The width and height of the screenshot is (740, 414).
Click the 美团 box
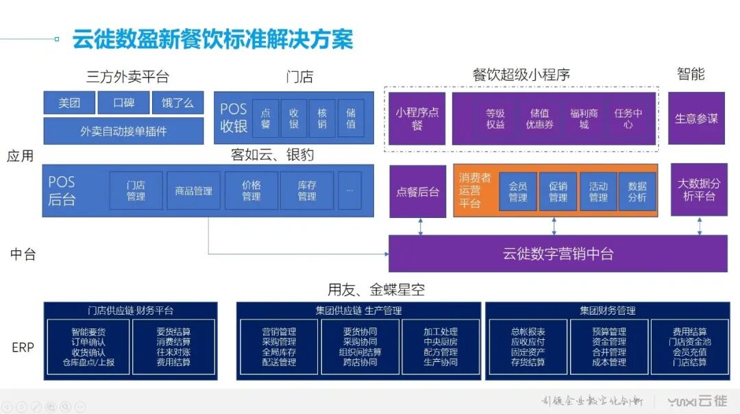[x=69, y=103]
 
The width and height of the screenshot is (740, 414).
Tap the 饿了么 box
[x=177, y=103]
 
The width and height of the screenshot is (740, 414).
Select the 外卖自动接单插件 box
[x=123, y=131]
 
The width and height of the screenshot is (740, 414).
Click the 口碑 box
[x=123, y=103]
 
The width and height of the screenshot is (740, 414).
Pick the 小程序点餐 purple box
[x=417, y=119]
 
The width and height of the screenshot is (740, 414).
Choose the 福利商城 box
[x=584, y=119]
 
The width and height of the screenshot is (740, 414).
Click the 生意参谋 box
[x=696, y=119]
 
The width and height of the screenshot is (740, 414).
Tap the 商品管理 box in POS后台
[x=194, y=191]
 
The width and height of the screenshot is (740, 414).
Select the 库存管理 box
[x=307, y=191]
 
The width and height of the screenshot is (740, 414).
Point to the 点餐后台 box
[x=417, y=191]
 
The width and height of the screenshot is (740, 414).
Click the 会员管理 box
[x=518, y=191]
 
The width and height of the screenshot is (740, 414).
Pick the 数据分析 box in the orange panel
[x=637, y=191]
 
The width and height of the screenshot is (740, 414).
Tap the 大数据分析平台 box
[x=699, y=190]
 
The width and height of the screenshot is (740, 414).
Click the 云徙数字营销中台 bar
[x=558, y=254]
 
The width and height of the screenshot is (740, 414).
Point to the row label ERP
[x=23, y=347]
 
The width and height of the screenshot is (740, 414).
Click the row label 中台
[x=23, y=254]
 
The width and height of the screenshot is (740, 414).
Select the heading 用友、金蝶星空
[x=376, y=290]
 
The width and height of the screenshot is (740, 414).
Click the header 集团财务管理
[x=607, y=310]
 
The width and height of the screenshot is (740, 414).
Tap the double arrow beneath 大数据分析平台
[x=700, y=226]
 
